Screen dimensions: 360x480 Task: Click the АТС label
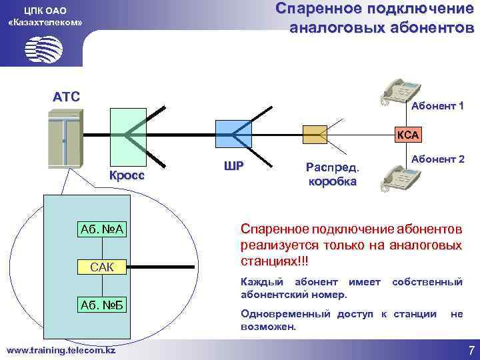point(67,97)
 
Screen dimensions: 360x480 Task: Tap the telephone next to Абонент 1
point(399,91)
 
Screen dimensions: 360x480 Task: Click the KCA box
point(407,135)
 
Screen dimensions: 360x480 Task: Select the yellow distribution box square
point(315,134)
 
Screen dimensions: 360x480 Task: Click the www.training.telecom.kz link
point(61,349)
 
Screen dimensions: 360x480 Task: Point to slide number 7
point(471,350)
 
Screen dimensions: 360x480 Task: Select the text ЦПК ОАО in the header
point(44,11)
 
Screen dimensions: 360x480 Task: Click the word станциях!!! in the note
point(274,258)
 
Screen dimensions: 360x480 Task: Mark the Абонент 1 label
point(437,107)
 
